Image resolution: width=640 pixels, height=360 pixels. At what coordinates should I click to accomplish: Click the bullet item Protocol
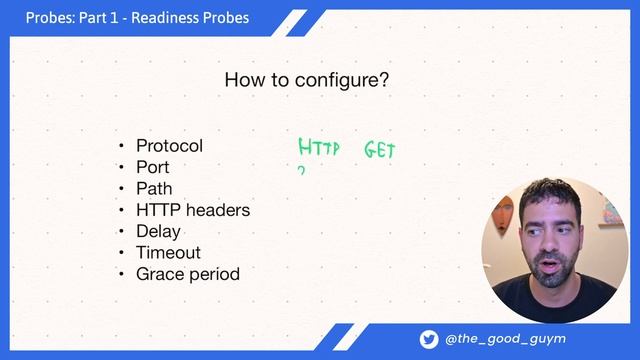169,146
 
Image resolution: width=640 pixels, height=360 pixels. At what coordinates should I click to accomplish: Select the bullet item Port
153,167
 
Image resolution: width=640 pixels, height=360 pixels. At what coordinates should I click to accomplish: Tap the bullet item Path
154,188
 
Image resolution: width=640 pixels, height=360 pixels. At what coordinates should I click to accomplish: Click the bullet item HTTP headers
193,210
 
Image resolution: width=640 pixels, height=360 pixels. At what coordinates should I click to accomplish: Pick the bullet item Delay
158,231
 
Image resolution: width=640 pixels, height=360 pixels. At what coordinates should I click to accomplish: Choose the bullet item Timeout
168,252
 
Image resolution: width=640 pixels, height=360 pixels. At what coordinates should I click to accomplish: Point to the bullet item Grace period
188,274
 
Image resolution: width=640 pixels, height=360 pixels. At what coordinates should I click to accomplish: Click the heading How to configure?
306,79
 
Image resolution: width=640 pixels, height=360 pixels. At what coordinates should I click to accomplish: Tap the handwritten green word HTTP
319,150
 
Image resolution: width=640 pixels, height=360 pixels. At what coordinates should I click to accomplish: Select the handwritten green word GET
380,151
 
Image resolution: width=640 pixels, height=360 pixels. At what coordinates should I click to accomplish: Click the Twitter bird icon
429,339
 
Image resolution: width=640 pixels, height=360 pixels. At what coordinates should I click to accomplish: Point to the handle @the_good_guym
505,339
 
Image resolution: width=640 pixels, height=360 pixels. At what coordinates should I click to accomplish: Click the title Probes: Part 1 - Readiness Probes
137,18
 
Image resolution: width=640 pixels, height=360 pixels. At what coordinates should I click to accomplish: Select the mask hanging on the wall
503,211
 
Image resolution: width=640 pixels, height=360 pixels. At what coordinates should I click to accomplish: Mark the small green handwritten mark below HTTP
301,171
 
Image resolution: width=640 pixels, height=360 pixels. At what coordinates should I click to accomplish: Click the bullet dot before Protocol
122,147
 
